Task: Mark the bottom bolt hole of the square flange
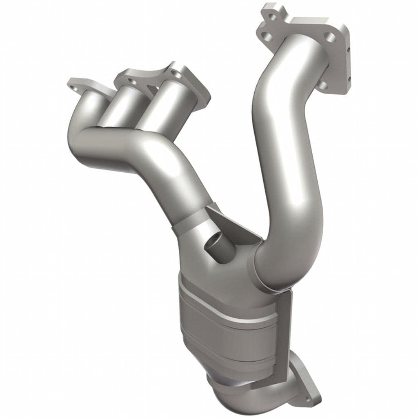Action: [x=323, y=85]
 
